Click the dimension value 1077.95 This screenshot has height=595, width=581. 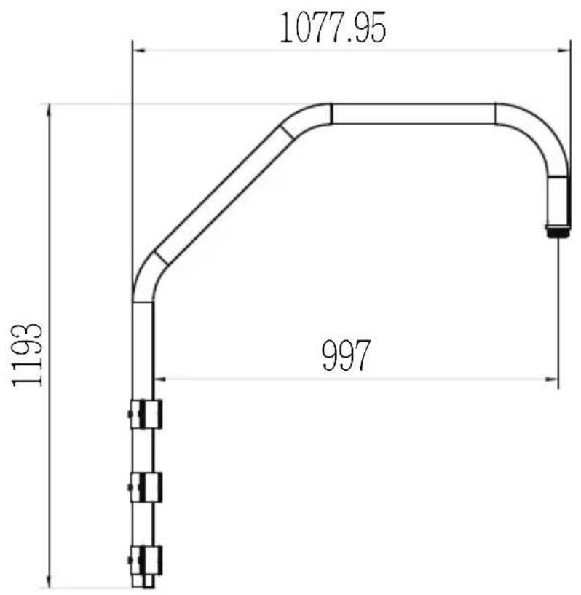pos(333,28)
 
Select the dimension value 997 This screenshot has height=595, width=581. pos(346,355)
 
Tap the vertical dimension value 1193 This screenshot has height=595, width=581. pos(27,355)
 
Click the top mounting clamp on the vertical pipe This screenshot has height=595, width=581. pos(146,414)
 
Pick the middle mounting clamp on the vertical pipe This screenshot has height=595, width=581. pos(146,487)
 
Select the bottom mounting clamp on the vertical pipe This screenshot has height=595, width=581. pos(146,561)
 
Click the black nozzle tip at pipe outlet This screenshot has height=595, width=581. pos(558,231)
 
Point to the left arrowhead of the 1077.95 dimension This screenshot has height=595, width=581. pos(140,50)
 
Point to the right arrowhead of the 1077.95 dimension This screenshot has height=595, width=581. pos(564,50)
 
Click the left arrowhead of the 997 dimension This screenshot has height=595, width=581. pos(161,379)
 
